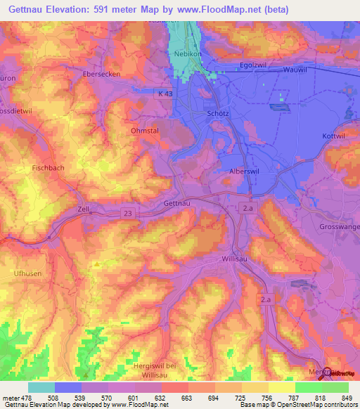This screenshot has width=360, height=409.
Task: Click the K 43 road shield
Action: pos(164,93)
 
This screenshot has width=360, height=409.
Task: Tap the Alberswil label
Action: pos(245,171)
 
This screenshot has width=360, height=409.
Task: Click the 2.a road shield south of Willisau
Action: pos(266,300)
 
